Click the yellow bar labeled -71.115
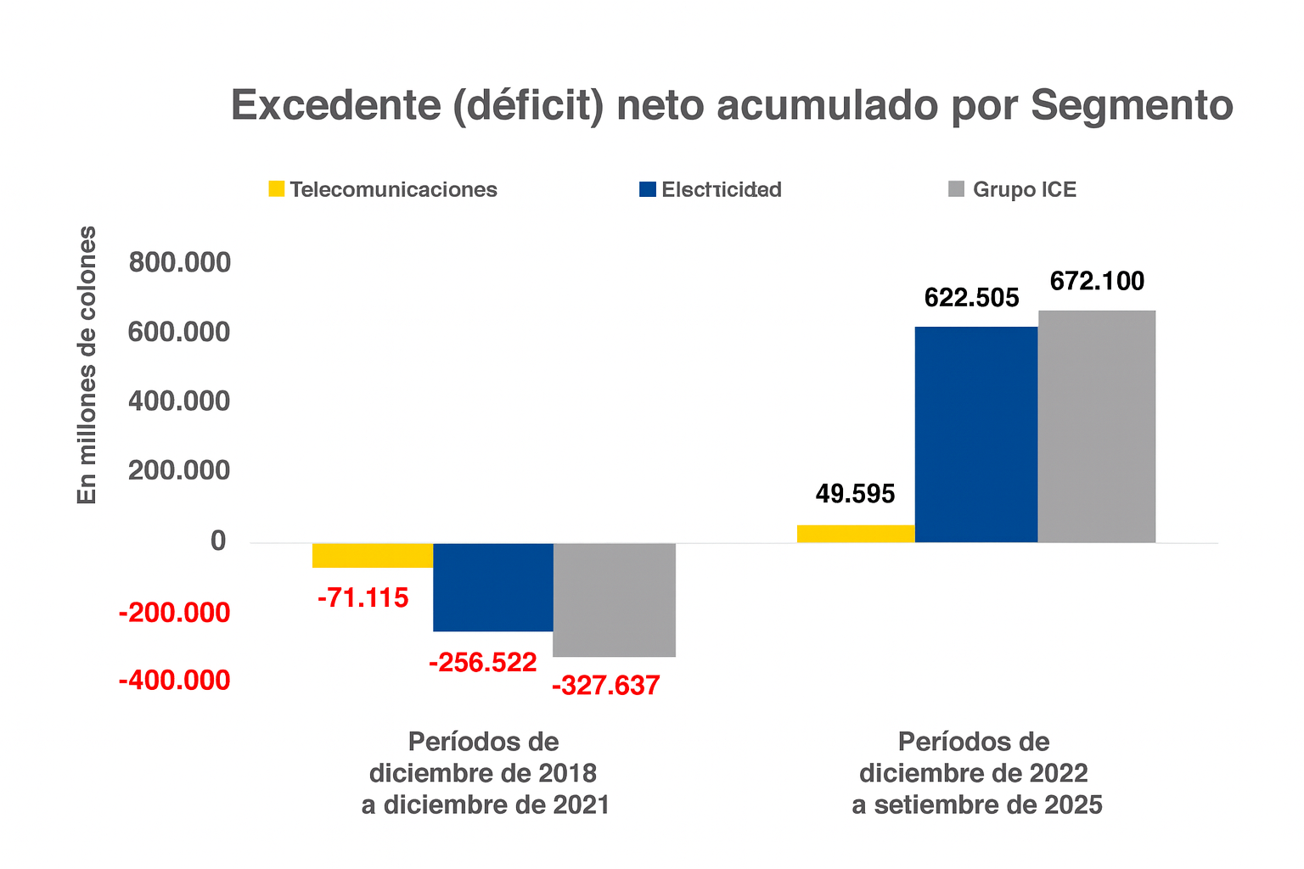(373, 555)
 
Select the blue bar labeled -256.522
(493, 586)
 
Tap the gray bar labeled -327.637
(614, 599)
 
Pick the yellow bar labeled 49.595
(856, 534)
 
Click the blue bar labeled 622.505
(976, 434)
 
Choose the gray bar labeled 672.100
(1097, 426)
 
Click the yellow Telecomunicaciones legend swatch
(277, 189)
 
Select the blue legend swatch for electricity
(648, 189)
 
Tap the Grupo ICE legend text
(1024, 189)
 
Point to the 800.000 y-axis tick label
(179, 263)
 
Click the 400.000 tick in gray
(179, 401)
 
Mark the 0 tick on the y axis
(219, 541)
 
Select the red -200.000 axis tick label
(174, 612)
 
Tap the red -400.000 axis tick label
(174, 680)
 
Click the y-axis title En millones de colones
(87, 365)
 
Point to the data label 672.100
(1097, 281)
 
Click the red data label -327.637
(605, 686)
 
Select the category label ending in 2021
(485, 773)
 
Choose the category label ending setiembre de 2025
(976, 773)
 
